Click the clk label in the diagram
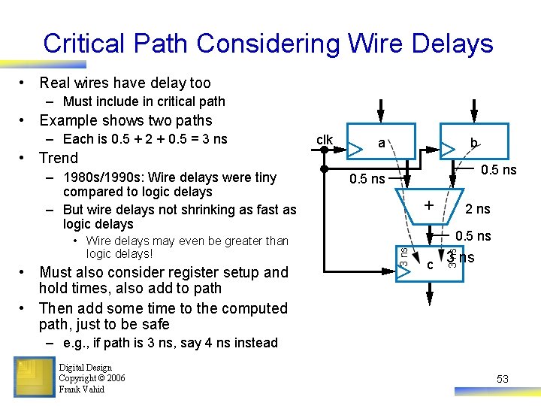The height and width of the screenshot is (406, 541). coord(325,140)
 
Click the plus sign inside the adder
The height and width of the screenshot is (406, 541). coord(428,205)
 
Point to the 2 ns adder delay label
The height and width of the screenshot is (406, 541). coord(478,209)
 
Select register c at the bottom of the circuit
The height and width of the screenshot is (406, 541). coord(429,264)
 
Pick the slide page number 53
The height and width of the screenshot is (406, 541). coord(503,380)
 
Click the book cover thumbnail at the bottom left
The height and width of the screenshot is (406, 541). coord(34,376)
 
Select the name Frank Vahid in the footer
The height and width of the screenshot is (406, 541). coord(81,389)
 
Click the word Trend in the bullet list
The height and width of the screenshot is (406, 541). coord(59,158)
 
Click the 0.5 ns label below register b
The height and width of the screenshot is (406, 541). coord(498,170)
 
